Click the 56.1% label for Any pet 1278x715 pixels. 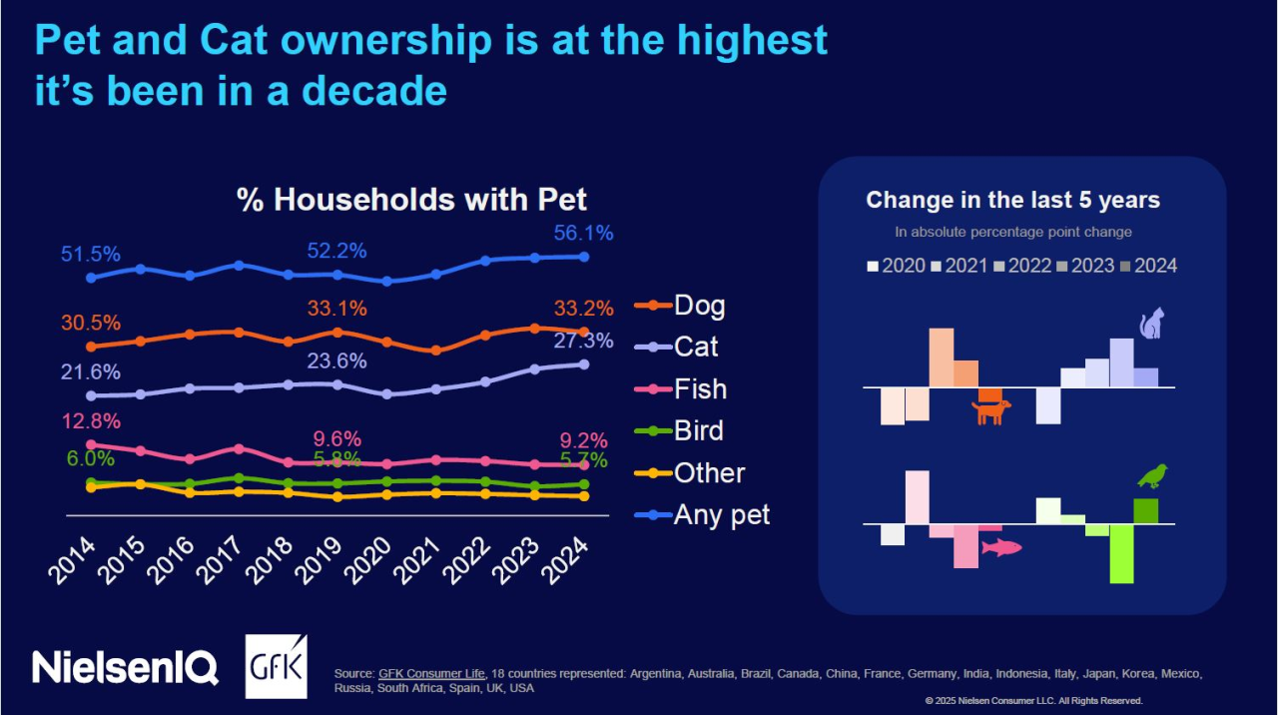point(584,233)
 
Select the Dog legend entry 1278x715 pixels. point(699,305)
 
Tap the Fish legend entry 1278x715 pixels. point(700,388)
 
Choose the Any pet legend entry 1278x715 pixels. point(722,515)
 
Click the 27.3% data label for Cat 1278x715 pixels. point(584,341)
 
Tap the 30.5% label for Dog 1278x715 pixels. point(90,323)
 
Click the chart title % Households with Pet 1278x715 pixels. point(411,199)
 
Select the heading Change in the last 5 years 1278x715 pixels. point(1012,200)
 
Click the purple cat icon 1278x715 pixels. point(1152,324)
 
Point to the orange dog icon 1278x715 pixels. point(990,409)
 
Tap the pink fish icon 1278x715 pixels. point(1001,547)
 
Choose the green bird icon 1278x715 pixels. point(1152,475)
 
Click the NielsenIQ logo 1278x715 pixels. point(125,667)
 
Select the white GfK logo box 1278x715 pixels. point(277,666)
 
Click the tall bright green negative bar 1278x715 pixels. point(1121,553)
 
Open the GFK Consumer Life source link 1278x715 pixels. point(431,674)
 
